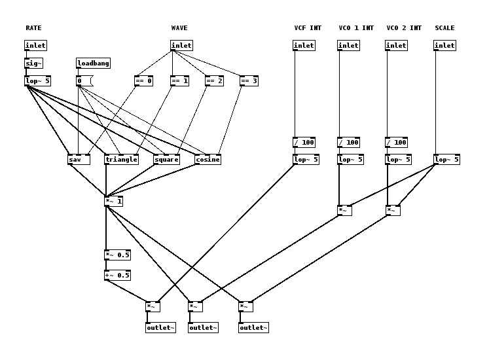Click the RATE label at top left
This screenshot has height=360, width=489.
[33, 28]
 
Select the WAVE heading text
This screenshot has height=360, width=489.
[179, 28]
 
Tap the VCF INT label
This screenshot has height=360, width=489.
[308, 28]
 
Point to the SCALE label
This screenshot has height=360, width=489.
[444, 28]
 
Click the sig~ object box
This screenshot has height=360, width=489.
[33, 63]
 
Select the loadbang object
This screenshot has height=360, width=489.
[93, 63]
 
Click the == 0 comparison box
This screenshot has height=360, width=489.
[143, 81]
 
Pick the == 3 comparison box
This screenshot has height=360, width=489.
[249, 81]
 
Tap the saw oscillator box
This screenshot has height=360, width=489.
[79, 160]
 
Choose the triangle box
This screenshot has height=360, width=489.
[121, 160]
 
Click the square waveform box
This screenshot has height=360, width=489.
[166, 160]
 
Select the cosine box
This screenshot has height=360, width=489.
[208, 160]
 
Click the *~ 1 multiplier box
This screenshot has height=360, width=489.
[113, 202]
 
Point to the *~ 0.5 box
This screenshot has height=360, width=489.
[117, 255]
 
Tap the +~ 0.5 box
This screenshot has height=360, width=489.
[117, 276]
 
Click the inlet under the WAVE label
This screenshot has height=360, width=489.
[181, 46]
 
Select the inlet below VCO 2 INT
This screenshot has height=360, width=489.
[396, 46]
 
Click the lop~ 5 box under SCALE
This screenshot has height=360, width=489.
[446, 160]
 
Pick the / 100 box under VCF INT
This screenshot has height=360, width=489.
[304, 143]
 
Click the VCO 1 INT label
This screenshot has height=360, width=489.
[356, 28]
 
